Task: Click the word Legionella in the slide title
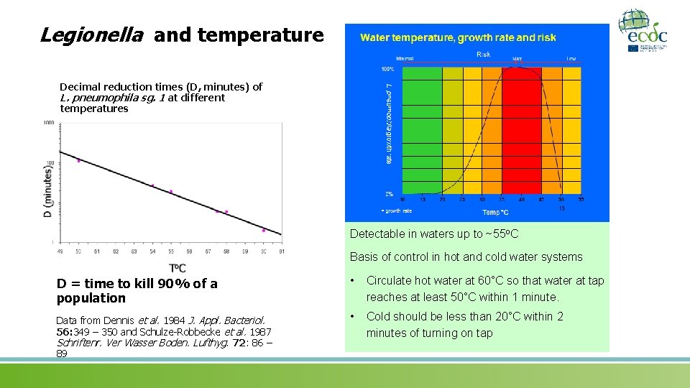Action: coord(91,34)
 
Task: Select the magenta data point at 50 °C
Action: coord(78,160)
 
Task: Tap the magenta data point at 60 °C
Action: coord(264,231)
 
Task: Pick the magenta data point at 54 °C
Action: coord(152,185)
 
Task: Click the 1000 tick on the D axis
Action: coord(48,123)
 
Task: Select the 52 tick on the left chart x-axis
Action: coord(116,251)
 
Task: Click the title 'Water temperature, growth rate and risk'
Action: coord(458,37)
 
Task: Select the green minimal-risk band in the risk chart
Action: coord(420,129)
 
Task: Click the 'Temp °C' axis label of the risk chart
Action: coord(494,212)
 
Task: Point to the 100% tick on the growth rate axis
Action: coord(387,69)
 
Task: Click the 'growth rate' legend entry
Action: coord(397,211)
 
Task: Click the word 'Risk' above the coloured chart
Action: coord(484,55)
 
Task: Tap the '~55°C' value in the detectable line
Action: coord(502,234)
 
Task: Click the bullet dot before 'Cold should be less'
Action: coord(353,317)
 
